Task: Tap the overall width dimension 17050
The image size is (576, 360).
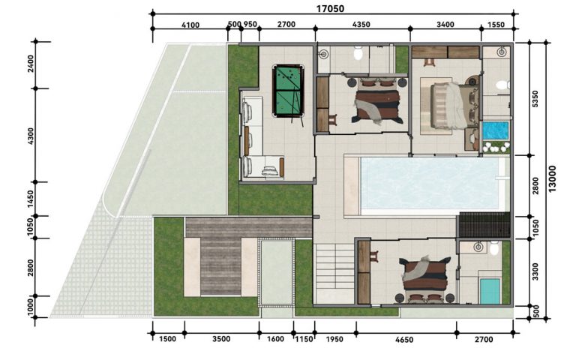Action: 330,8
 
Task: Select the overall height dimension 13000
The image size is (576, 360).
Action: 552,178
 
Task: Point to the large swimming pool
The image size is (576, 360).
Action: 430,182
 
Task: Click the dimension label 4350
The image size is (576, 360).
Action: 361,25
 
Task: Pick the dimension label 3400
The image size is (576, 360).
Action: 445,25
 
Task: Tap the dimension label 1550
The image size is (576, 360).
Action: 496,25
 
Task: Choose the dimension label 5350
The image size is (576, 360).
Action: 535,99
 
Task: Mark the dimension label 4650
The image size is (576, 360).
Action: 404,340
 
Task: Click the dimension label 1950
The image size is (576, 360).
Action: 334,339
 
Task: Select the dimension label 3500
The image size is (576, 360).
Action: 221,339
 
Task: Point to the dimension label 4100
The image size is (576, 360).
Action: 190,25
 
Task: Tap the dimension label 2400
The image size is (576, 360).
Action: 31,64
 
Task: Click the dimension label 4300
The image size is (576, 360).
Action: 31,136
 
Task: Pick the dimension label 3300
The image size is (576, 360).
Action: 535,271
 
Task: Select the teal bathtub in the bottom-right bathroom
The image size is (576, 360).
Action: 490,291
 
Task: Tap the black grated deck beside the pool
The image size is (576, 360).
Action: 484,224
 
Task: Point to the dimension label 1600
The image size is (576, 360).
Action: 275,339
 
